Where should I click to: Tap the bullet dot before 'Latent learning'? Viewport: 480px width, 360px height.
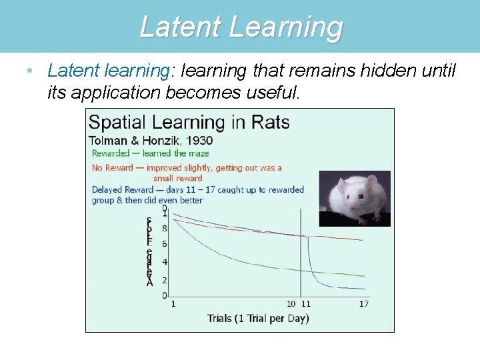point(25,69)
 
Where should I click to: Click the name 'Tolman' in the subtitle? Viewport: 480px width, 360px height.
point(109,141)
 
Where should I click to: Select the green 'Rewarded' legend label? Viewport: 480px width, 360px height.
point(111,153)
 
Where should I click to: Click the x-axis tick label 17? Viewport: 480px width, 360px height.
point(363,304)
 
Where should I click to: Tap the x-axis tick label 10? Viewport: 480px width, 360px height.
point(291,304)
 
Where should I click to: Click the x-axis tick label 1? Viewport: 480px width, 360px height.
point(173,304)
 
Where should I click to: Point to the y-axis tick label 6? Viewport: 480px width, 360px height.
point(164,244)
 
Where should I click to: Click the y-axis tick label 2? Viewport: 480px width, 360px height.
point(164,280)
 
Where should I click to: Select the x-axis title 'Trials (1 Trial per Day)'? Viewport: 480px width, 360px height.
point(258,319)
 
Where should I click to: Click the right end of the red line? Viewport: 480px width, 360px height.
point(363,240)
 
